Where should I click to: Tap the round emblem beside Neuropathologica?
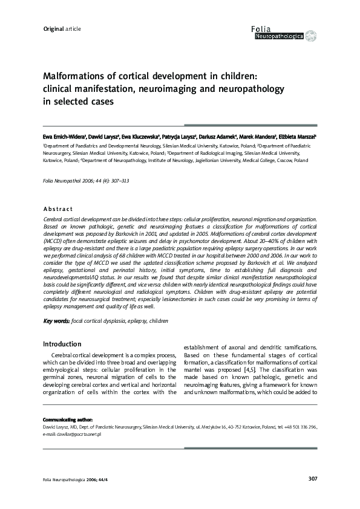[310, 36]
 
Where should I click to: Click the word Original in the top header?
[53, 29]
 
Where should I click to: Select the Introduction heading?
[62, 344]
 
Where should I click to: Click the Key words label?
[56, 320]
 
